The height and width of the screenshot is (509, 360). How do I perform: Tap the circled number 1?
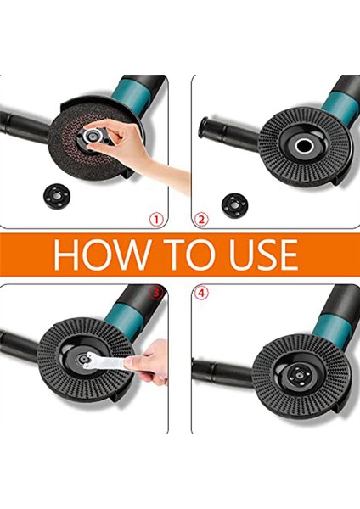pyautogui.click(x=156, y=220)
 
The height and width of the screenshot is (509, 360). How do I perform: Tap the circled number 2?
pyautogui.click(x=201, y=220)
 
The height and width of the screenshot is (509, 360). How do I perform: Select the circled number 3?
pyautogui.click(x=155, y=293)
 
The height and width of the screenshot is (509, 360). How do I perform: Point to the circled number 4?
pyautogui.click(x=201, y=294)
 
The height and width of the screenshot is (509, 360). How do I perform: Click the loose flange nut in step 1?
pyautogui.click(x=57, y=197)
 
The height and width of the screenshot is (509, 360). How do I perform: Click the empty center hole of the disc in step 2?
pyautogui.click(x=305, y=146)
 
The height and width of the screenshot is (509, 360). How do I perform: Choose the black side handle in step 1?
pyautogui.click(x=25, y=125)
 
